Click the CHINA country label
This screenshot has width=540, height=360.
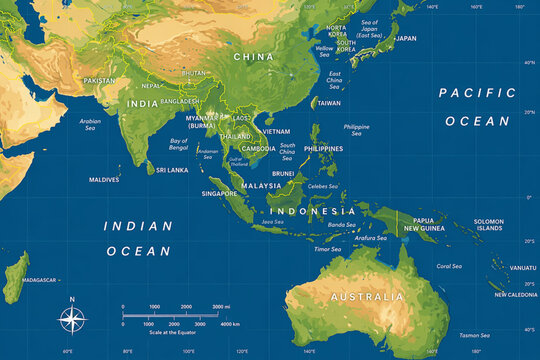(253, 57)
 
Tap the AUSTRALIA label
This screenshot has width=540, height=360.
(368, 297)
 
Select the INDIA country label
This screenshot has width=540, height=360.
(142, 103)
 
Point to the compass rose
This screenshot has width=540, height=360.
(72, 320)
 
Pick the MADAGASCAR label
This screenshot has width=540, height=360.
(39, 280)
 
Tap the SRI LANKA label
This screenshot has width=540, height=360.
(172, 170)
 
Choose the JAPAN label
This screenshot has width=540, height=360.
(406, 38)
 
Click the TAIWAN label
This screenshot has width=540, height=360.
(329, 103)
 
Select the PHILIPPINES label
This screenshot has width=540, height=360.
(323, 149)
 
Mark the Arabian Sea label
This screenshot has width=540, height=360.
(90, 124)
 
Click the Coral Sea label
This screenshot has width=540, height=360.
(449, 266)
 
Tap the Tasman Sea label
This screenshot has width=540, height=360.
(475, 335)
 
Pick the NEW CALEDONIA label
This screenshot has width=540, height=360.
(515, 295)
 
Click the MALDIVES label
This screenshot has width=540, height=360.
(104, 180)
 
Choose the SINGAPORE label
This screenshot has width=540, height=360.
(219, 193)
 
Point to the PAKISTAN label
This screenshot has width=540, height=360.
(100, 80)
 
